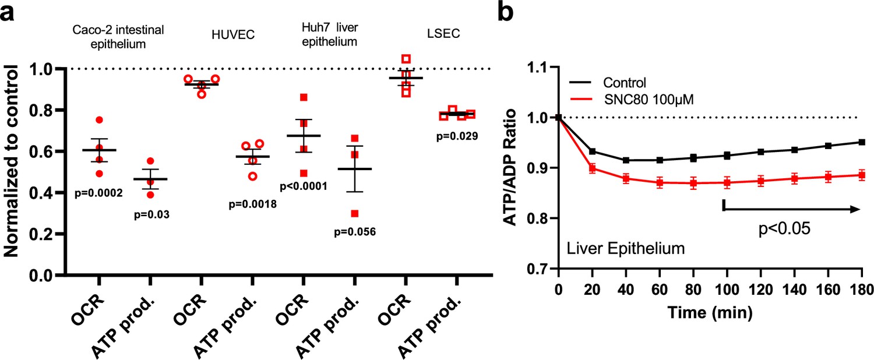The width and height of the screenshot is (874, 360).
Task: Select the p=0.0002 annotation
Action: coord(98,193)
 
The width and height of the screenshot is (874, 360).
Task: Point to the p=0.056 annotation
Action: coord(354,232)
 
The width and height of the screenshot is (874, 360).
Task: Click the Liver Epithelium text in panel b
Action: coord(625,249)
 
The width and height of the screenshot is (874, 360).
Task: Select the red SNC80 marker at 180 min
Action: coord(861,175)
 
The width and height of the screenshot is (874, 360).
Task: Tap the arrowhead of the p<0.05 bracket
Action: coord(856,210)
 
